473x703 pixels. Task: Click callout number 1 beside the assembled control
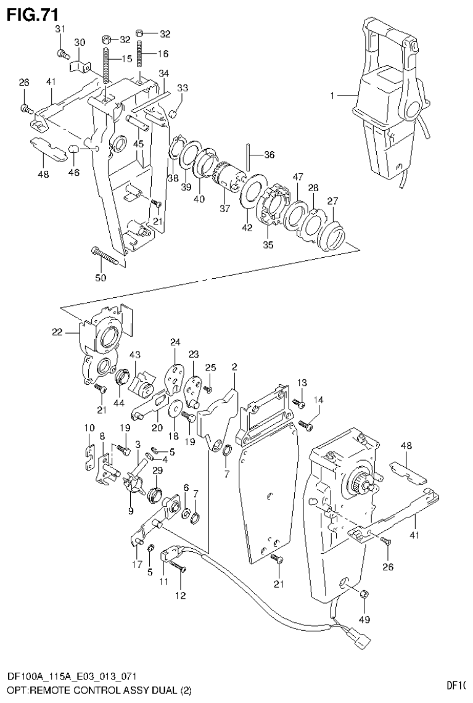coord(332,96)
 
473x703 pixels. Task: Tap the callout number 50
coord(101,277)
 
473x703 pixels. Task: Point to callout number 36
coord(269,154)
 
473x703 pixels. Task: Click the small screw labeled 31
coord(61,53)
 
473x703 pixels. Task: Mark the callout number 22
coord(57,332)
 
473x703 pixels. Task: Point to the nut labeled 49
coord(364,594)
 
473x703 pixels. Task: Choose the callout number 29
coord(157,471)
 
